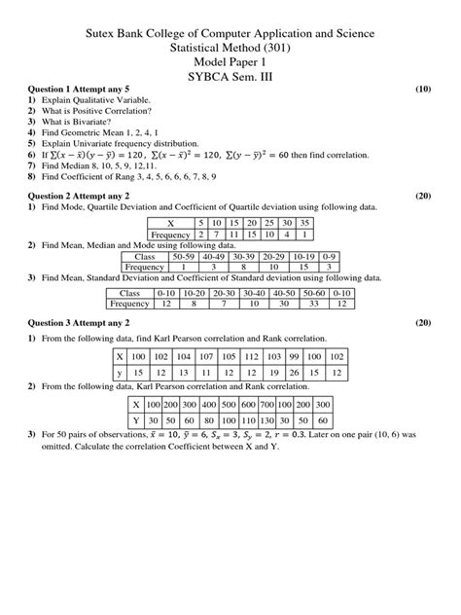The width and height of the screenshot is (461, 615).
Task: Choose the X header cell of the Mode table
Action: (171, 223)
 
